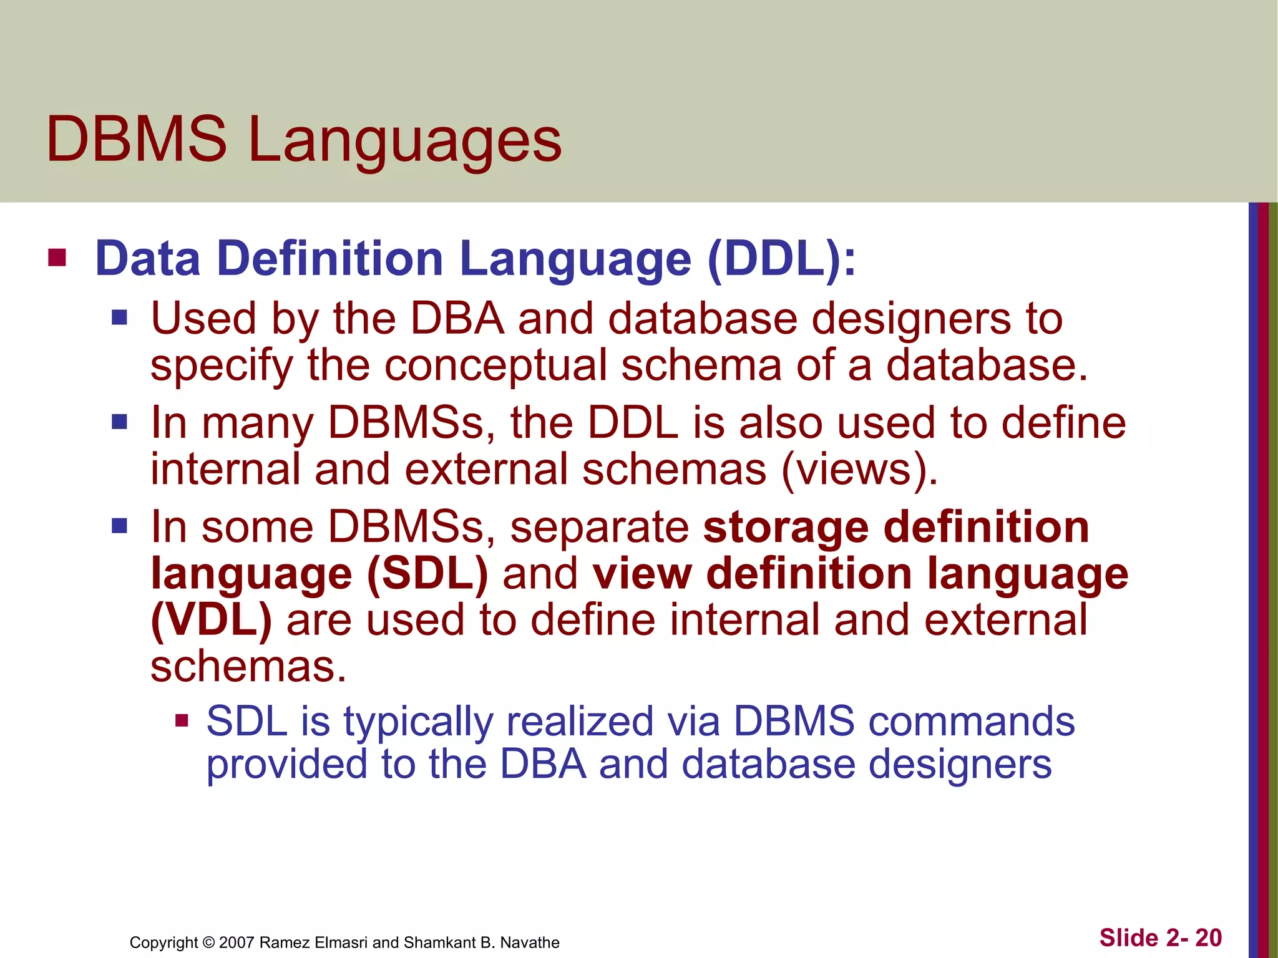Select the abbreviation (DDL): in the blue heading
click(x=782, y=258)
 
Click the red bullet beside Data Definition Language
click(x=57, y=258)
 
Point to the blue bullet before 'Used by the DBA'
click(x=119, y=319)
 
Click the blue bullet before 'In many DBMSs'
click(x=119, y=422)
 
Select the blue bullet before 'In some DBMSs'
click(x=119, y=526)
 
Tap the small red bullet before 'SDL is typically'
click(x=182, y=722)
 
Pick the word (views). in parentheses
click(x=859, y=469)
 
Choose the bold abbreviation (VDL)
click(x=212, y=619)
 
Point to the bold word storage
click(x=786, y=528)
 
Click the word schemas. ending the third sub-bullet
click(x=248, y=665)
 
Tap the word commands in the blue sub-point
click(x=972, y=722)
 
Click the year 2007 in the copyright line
click(x=237, y=942)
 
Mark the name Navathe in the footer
click(x=530, y=942)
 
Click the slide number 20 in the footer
click(x=1208, y=938)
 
